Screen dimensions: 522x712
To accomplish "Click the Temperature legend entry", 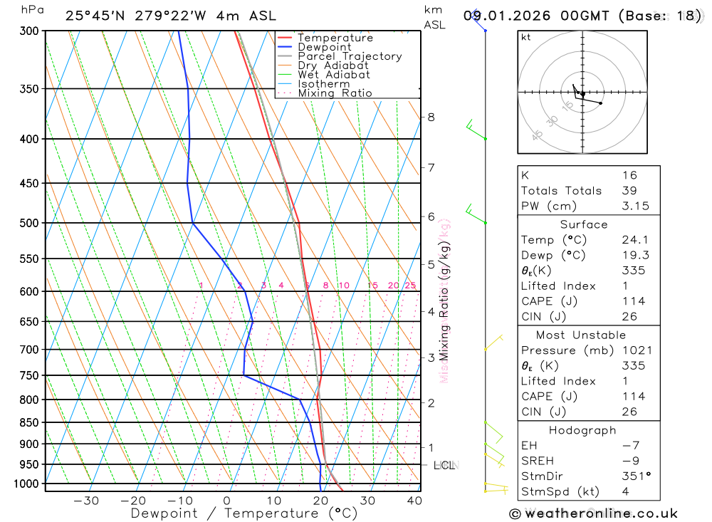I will click(335, 38).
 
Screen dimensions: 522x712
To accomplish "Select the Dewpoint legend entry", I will click(325, 47).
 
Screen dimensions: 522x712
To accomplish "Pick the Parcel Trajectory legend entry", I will click(350, 56).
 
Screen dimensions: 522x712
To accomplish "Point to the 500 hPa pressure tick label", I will click(28, 223).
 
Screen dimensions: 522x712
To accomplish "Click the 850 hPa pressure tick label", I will click(28, 422).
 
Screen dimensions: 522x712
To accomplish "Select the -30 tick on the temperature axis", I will click(86, 501).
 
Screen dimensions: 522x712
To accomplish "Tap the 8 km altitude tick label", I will click(431, 117).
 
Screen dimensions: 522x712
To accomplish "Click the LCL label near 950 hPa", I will click(444, 466).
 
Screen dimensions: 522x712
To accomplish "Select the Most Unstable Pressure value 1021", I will click(633, 350).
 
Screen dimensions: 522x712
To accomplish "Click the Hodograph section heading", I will click(583, 430).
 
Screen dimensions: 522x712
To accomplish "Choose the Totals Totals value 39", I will click(629, 190).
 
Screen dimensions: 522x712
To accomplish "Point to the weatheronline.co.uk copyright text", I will click(593, 513).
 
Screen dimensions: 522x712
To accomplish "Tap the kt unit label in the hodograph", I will click(526, 37).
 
